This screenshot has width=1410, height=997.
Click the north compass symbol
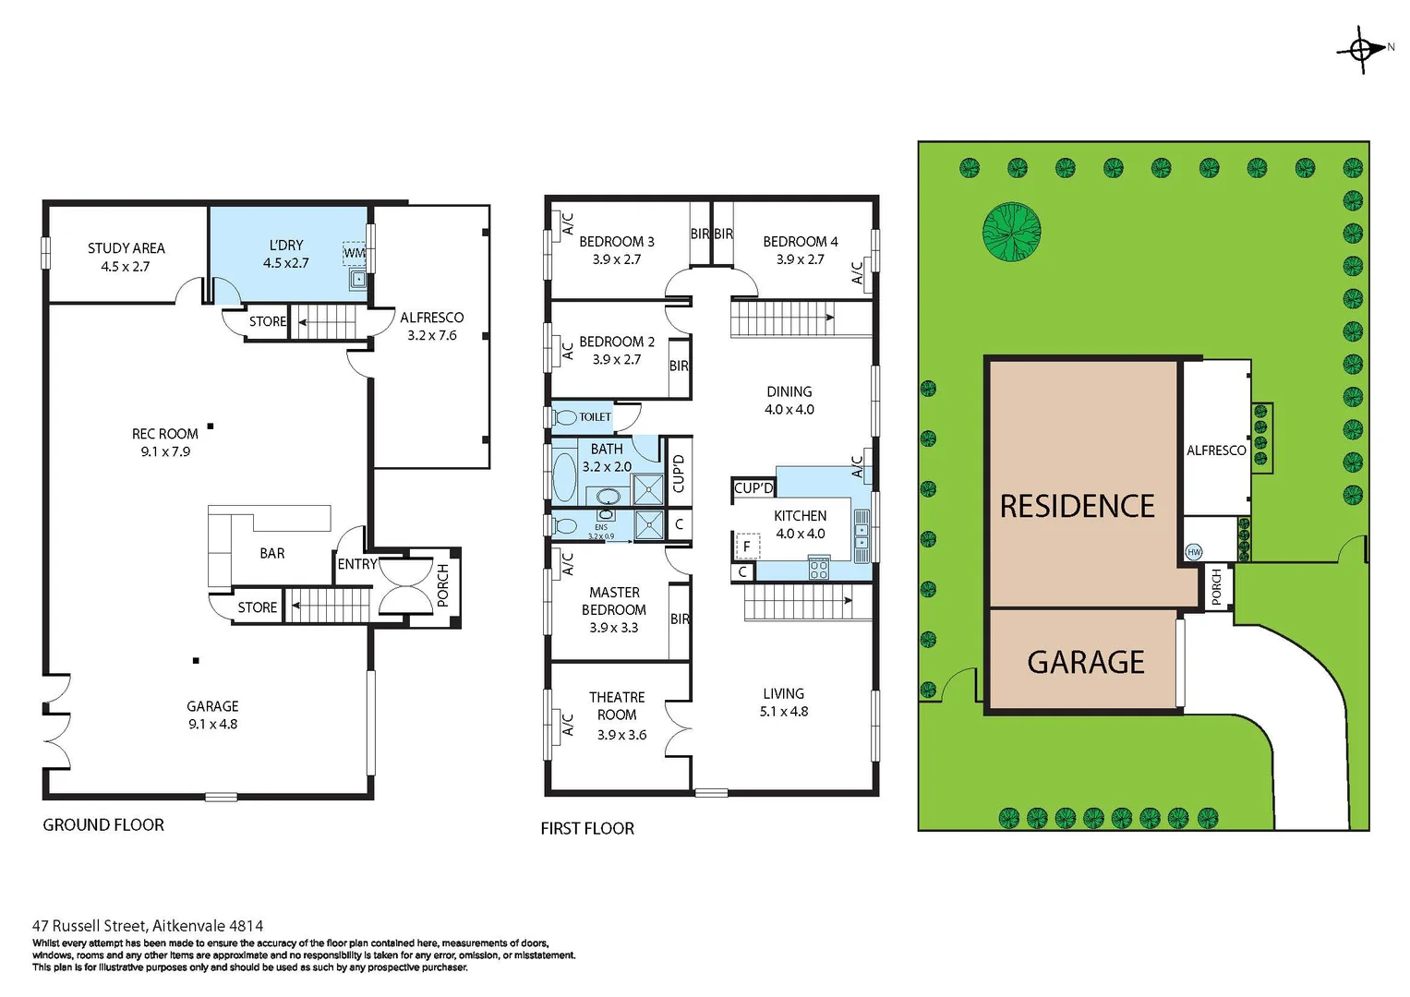pos(1361,49)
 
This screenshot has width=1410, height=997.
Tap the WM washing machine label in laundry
pos(354,253)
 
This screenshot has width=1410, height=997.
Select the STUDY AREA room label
pos(126,257)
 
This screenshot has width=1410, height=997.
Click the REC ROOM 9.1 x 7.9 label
pos(165,442)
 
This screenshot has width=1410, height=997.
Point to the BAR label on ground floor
pos(271,553)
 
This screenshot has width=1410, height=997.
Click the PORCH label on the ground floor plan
pos(442,585)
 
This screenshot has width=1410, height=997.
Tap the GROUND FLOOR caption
pos(103,824)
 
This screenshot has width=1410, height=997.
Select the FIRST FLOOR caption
pos(587,828)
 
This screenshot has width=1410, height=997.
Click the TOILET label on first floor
pos(595,417)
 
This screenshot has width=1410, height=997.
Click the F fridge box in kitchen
pos(746,547)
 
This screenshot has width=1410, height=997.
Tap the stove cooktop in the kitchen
pos(818,568)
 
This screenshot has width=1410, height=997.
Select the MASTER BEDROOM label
pos(614,609)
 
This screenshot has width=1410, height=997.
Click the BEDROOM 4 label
pos(800,250)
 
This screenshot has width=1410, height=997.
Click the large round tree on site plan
pos(1011,230)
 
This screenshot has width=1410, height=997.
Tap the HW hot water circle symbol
pos(1194,552)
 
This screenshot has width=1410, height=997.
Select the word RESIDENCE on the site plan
pos(1077,506)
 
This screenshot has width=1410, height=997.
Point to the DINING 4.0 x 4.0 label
pos(789,401)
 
